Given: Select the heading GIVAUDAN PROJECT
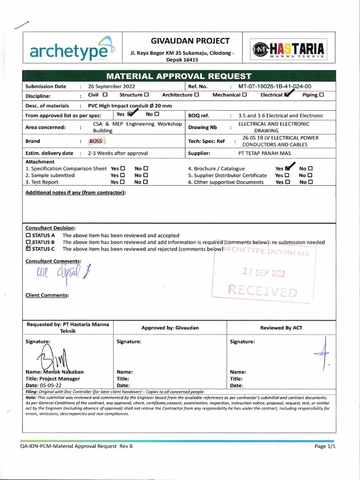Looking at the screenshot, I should (x=184, y=41).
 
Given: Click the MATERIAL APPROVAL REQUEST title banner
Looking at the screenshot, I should (x=179, y=76).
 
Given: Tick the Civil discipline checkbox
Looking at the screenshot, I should (x=105, y=95).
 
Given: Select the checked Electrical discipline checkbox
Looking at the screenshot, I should (x=286, y=95).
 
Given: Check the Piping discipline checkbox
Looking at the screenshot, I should (x=321, y=95).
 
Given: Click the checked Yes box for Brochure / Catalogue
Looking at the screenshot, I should (x=287, y=169).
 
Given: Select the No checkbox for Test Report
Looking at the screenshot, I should (x=146, y=182).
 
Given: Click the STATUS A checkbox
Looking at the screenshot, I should (x=29, y=235).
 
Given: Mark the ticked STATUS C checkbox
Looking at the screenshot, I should (x=29, y=249).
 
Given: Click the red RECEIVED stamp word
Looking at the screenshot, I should (x=262, y=291).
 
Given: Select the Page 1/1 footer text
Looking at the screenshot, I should (x=325, y=447).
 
